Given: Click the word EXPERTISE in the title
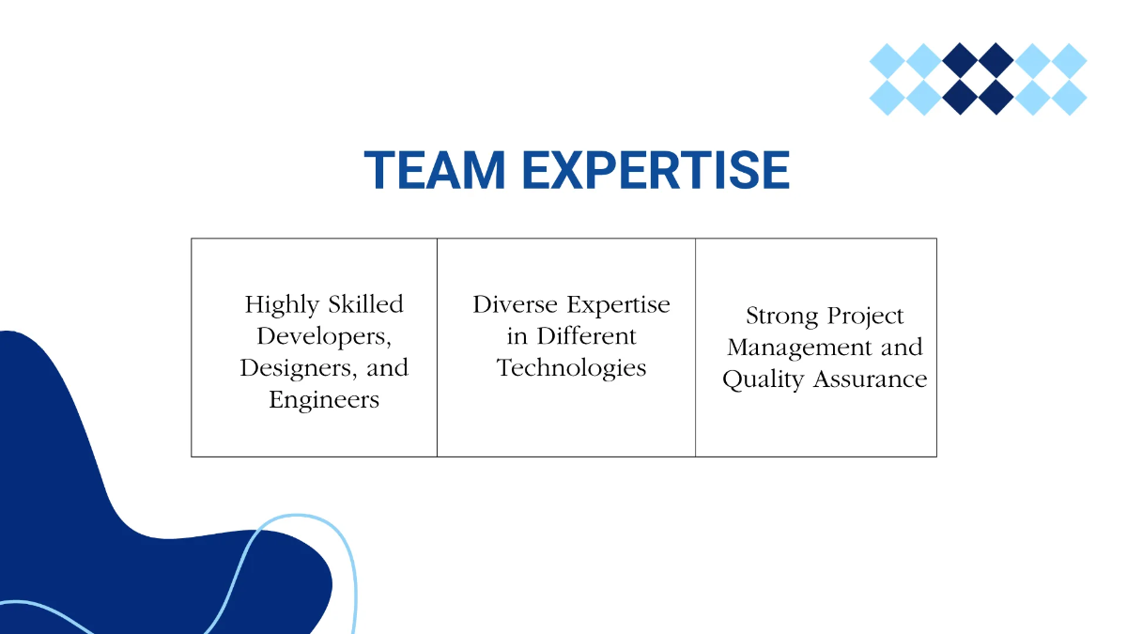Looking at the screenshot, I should coord(656,171).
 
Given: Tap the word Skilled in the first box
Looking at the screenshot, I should coord(365,304).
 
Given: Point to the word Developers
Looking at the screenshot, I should coord(323,335).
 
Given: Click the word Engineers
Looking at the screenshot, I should coord(324,399).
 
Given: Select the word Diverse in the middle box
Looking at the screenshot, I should coord(516,304).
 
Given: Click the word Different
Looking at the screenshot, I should coord(586,335).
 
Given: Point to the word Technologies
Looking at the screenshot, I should coord(571,368).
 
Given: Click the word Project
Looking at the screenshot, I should coord(865,317).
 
